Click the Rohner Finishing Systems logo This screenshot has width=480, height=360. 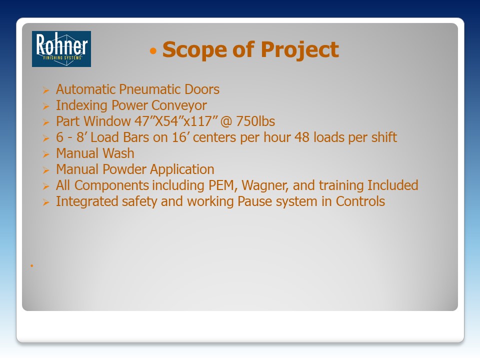(61, 49)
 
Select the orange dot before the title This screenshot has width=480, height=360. (153, 51)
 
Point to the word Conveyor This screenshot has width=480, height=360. (179, 105)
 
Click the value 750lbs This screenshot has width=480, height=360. (255, 121)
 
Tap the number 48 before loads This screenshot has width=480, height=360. (302, 137)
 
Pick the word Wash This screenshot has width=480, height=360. (118, 153)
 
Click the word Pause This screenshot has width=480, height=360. (254, 201)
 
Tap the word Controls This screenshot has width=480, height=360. (360, 201)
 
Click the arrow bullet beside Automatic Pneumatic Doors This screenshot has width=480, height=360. (46, 90)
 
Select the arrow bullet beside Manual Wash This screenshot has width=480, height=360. (46, 154)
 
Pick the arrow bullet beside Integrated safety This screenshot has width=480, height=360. (46, 202)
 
